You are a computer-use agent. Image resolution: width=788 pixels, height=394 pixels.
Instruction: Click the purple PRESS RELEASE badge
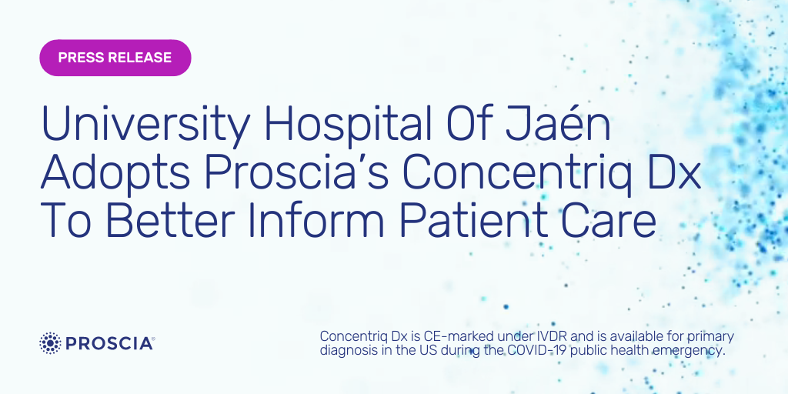tap(115, 58)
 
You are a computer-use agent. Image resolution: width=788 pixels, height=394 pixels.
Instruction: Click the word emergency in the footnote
tap(689, 350)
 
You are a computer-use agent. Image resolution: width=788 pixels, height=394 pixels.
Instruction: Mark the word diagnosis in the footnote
tap(346, 350)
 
